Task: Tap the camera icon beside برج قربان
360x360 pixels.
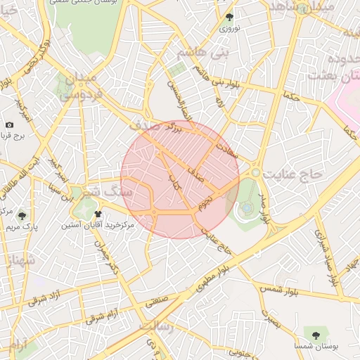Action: (x=9, y=124)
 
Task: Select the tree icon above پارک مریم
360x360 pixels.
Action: (x=22, y=216)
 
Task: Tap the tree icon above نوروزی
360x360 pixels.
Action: (x=229, y=17)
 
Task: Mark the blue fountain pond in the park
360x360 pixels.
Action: (x=247, y=208)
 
